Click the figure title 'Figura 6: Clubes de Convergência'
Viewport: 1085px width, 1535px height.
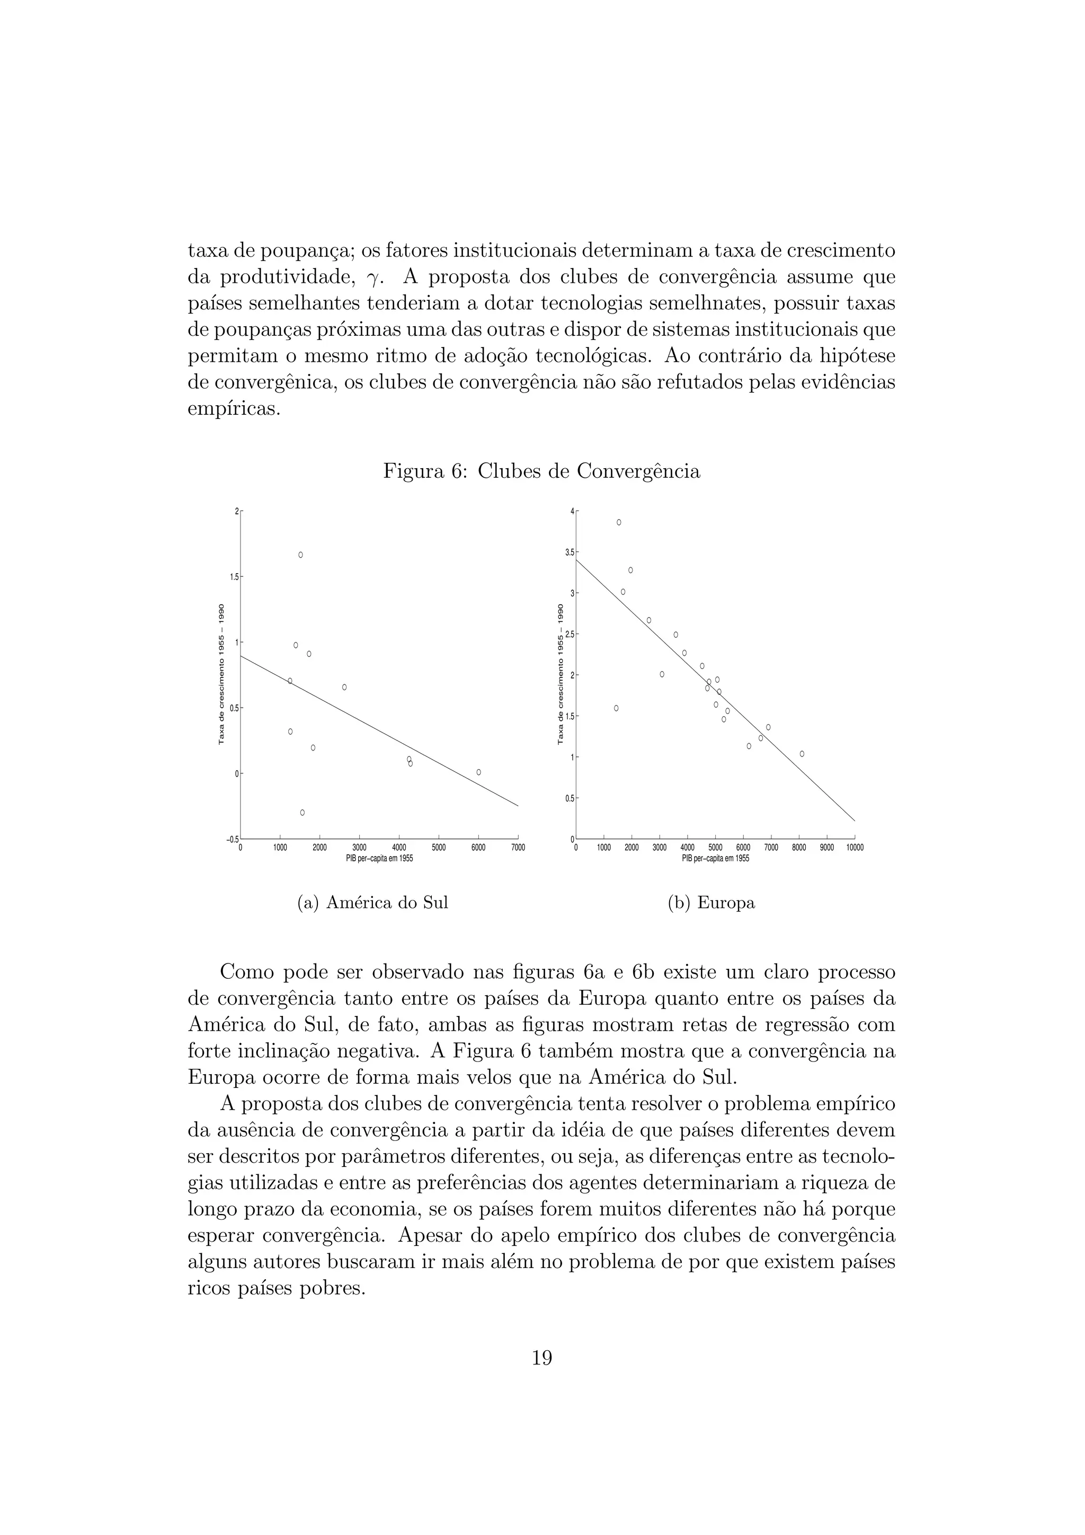[x=541, y=471]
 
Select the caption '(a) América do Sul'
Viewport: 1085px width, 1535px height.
[x=372, y=903]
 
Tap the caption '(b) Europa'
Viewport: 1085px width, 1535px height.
[x=712, y=903]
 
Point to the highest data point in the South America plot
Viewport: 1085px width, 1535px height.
[x=301, y=555]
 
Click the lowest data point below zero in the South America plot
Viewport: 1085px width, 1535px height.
[x=302, y=813]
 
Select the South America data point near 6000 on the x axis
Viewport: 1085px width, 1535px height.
[x=478, y=772]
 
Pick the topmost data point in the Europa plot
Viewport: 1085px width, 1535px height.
[x=619, y=522]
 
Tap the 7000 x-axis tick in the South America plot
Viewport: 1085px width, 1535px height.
[x=518, y=847]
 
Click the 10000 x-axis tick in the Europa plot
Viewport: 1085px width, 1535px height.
[x=855, y=847]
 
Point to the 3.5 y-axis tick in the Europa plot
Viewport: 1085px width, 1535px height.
[x=570, y=552]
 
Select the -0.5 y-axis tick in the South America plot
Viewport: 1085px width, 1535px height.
[x=232, y=840]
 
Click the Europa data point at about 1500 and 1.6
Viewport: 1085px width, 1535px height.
[x=616, y=708]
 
